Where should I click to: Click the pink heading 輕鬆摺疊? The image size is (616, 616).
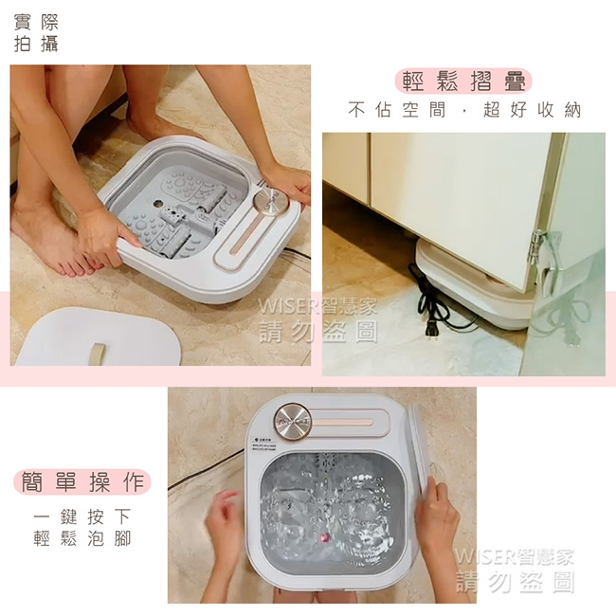click(x=463, y=81)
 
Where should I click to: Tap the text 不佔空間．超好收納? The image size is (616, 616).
click(x=463, y=110)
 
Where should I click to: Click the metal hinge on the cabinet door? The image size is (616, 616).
click(x=537, y=248)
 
